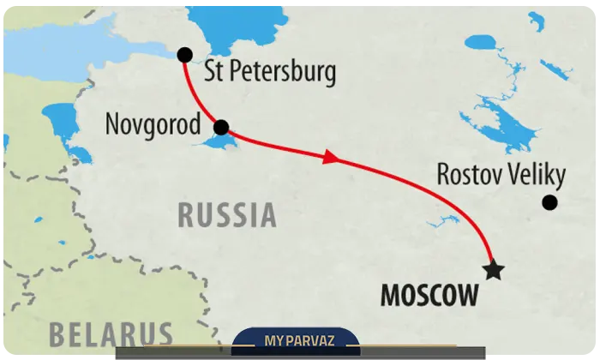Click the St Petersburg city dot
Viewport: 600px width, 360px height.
coord(184,55)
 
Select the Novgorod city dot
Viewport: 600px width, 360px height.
coord(220,128)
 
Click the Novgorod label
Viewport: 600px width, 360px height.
coord(153,124)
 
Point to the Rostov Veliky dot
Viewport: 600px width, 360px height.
coord(549,202)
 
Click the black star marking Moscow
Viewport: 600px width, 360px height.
coord(494,271)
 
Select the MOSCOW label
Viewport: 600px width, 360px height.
coord(429,297)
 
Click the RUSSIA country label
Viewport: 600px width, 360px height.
coord(227,215)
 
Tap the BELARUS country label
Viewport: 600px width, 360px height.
coord(111,333)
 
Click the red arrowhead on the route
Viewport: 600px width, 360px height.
coord(330,158)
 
